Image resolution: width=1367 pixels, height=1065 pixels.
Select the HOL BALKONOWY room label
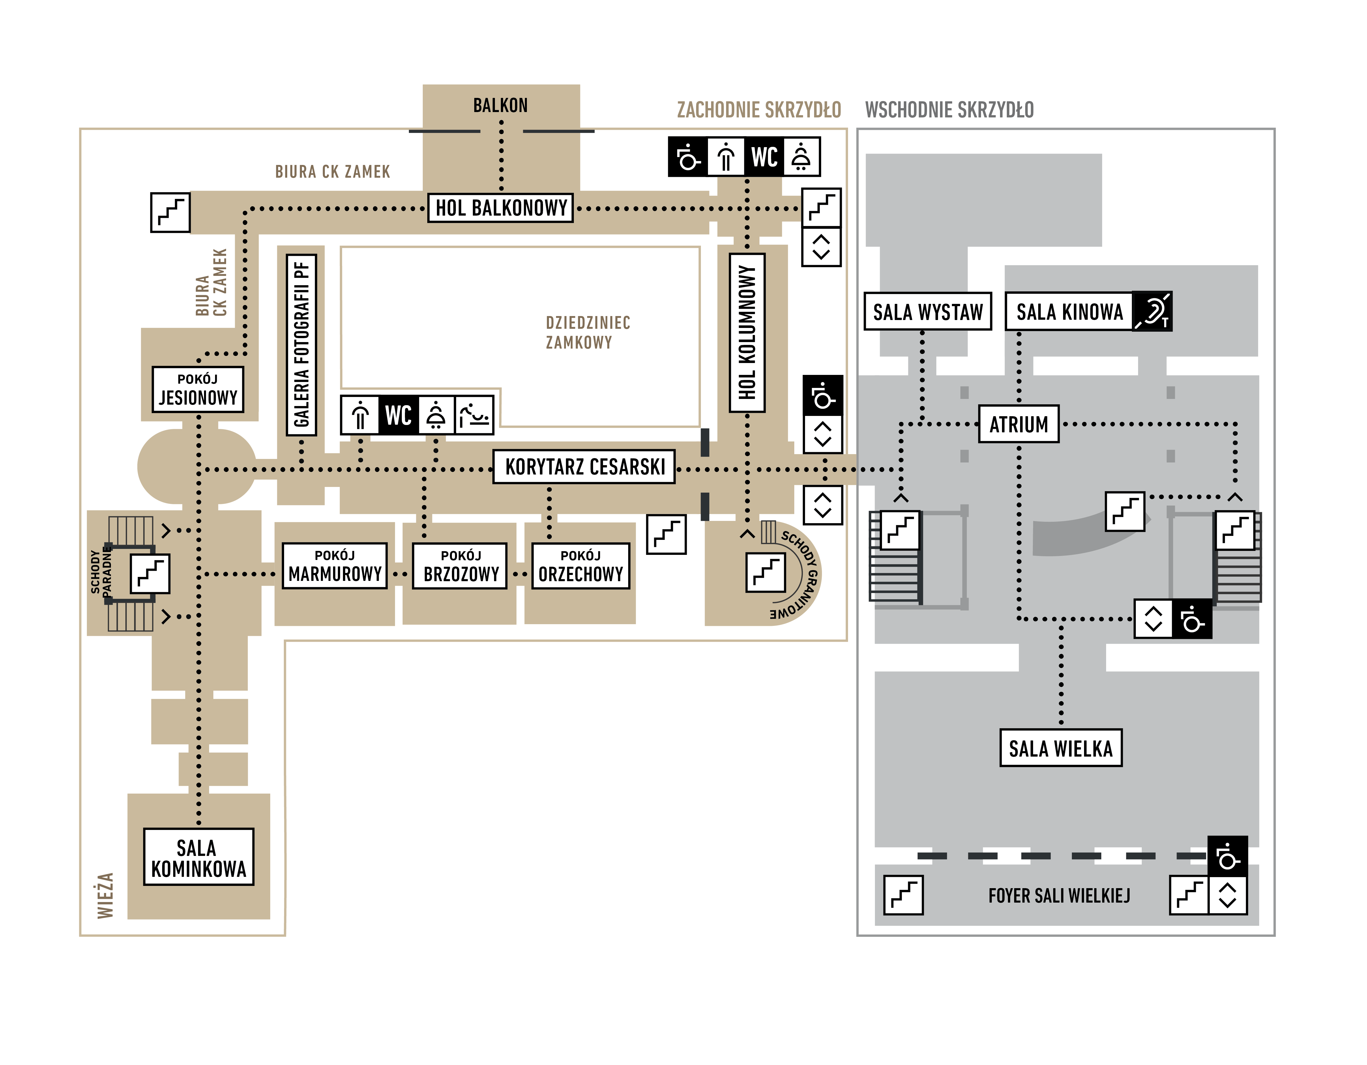[x=501, y=208]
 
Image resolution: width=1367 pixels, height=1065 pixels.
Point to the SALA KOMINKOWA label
[x=198, y=857]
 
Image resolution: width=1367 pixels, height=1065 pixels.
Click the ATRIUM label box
[x=1018, y=424]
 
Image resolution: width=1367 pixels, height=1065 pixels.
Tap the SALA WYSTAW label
[x=928, y=312]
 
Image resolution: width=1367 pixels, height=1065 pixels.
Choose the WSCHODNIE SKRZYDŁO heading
[x=949, y=110]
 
